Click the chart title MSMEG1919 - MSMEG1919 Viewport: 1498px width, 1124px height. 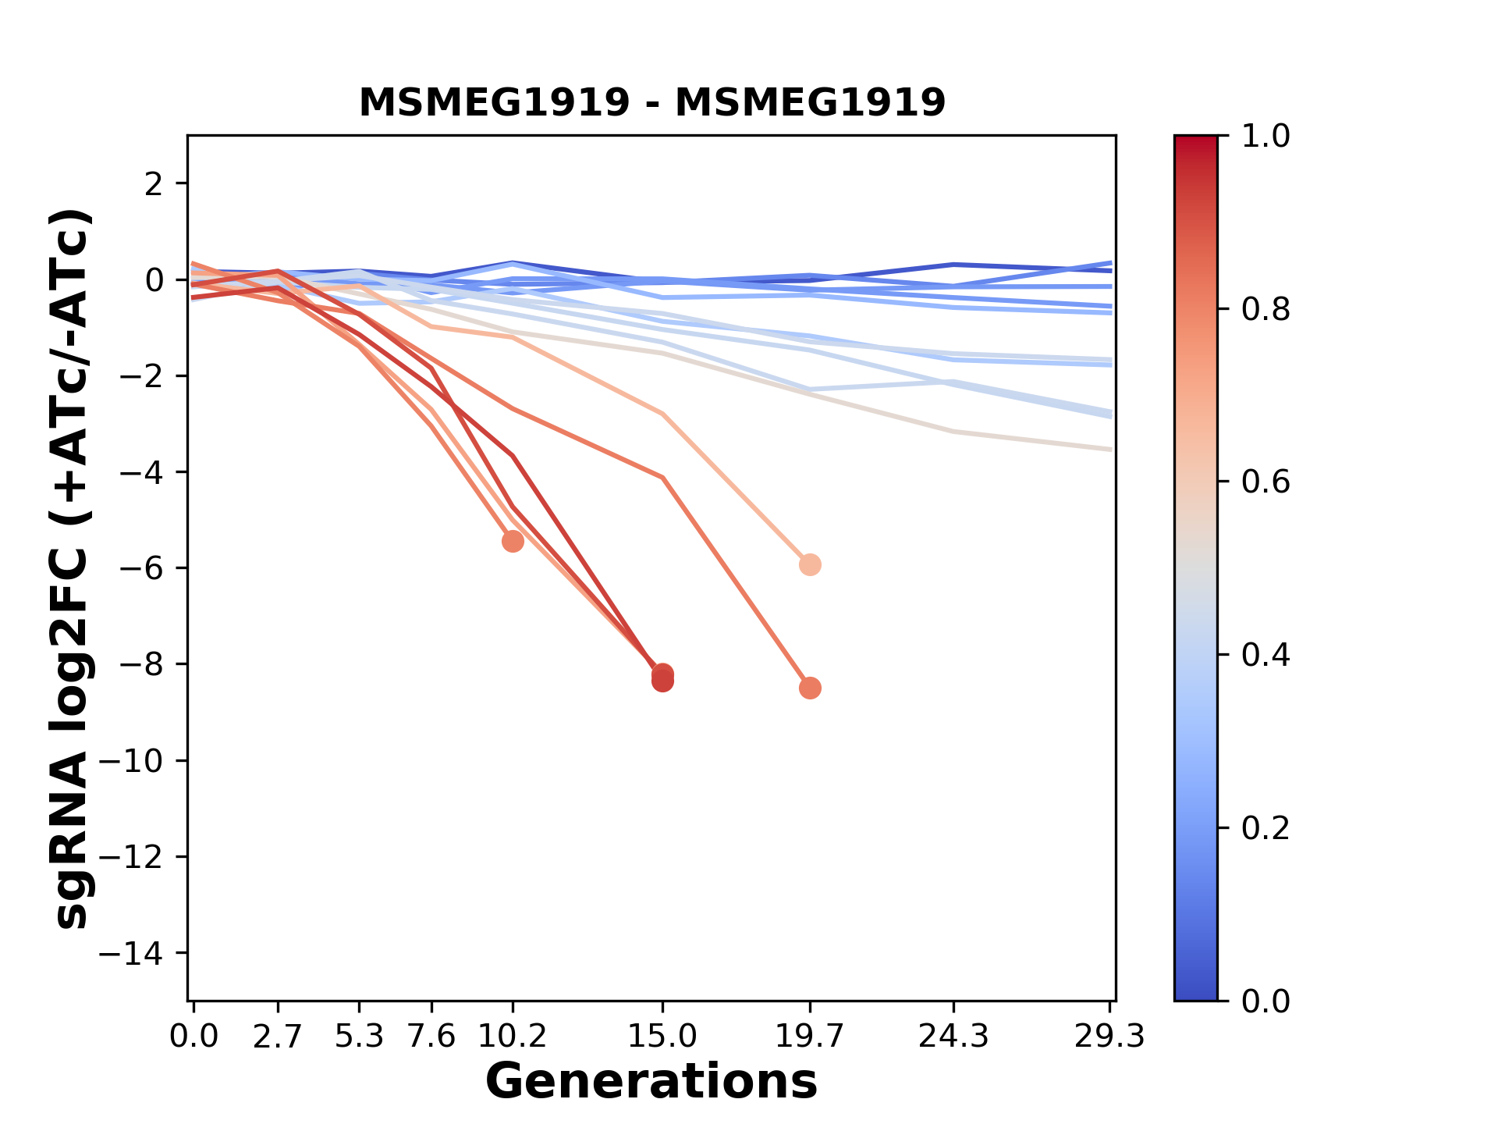pyautogui.click(x=652, y=102)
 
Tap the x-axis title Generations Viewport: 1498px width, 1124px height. pyautogui.click(x=651, y=1082)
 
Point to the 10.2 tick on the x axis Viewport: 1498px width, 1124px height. pyautogui.click(x=512, y=1036)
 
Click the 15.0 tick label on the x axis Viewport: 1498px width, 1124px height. pyautogui.click(x=662, y=1036)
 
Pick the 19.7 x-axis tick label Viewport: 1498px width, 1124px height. pyautogui.click(x=809, y=1036)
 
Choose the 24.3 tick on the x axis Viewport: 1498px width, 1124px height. pyautogui.click(x=953, y=1036)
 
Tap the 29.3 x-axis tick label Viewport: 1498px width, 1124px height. pyautogui.click(x=1109, y=1036)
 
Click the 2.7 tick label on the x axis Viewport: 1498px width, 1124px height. pyautogui.click(x=278, y=1036)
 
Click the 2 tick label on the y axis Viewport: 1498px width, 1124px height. pyautogui.click(x=154, y=183)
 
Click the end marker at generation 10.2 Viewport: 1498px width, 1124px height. pyautogui.click(x=513, y=541)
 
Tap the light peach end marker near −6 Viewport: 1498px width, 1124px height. pyautogui.click(x=810, y=564)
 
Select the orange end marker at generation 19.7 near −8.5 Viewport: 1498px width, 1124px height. pyautogui.click(x=810, y=688)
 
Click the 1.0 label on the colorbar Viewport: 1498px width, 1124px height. pyautogui.click(x=1265, y=137)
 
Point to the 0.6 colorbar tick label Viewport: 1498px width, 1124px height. pyautogui.click(x=1265, y=482)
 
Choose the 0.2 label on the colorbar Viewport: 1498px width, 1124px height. pyautogui.click(x=1265, y=828)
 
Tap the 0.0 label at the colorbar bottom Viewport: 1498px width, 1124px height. pyautogui.click(x=1265, y=1001)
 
